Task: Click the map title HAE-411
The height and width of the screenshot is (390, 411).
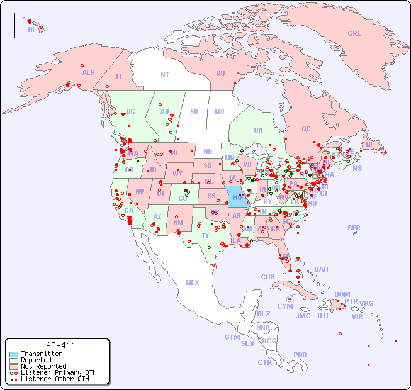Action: point(58,345)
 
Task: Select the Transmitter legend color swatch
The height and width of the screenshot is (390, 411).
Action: point(14,354)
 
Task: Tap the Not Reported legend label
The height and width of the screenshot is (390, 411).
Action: point(43,366)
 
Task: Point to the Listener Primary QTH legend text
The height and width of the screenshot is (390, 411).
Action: point(58,372)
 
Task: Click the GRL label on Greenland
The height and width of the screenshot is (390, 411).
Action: point(354,34)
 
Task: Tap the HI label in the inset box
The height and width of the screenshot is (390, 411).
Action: point(31,30)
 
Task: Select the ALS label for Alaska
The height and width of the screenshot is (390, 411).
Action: point(88,72)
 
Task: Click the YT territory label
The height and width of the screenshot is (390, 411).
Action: point(118,76)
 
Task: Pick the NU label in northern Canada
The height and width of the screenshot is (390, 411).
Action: point(220,74)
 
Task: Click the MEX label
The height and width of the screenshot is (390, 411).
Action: point(193,282)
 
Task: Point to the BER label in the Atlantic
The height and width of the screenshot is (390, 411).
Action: point(354,228)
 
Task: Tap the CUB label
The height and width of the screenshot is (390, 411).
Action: point(268,277)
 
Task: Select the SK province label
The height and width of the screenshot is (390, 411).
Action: point(194,111)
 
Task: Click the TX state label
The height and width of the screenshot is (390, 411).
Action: point(205,236)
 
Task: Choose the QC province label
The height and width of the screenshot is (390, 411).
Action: point(306,129)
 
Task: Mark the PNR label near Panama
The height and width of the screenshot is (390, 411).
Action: point(300,355)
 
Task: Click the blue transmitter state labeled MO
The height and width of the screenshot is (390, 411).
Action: point(237,198)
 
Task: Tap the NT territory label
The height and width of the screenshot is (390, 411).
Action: point(165,75)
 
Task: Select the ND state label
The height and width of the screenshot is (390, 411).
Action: point(208,152)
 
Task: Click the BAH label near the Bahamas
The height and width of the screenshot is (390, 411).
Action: point(321,269)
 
